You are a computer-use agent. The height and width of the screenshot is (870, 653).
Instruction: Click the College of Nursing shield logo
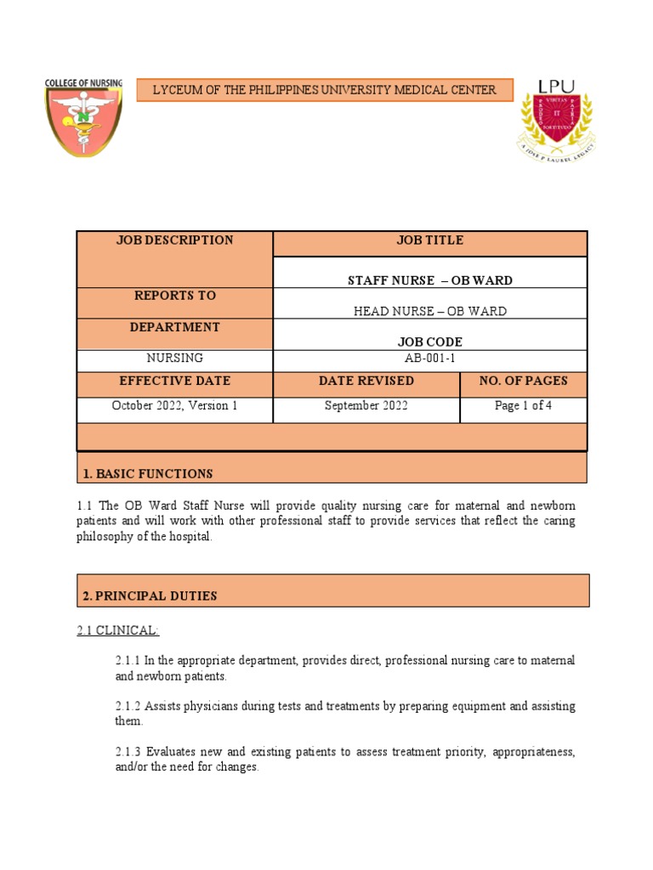coord(83,117)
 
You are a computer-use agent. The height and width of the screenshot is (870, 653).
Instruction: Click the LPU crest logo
coord(557,119)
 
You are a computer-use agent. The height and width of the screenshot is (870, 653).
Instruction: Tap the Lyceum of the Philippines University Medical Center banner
coord(324,90)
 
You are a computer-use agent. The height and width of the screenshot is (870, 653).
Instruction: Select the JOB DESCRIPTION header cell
coord(174,240)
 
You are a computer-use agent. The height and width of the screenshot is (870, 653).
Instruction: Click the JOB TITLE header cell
coord(429,240)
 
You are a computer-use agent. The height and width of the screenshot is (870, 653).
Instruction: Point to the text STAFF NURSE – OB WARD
coord(429,280)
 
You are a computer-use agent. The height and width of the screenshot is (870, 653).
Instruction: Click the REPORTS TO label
coord(174,296)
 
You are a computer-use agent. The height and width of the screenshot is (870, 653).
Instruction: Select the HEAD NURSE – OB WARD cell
coord(429,311)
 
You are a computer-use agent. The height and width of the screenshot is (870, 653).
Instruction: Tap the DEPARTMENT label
coord(174,327)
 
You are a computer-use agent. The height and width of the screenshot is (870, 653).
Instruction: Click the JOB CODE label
coord(429,342)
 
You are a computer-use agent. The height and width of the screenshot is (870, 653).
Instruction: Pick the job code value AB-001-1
coord(429,359)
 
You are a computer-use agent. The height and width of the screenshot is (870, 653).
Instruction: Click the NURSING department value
coord(174,359)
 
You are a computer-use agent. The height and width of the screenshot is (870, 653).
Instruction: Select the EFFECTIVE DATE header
coord(174,381)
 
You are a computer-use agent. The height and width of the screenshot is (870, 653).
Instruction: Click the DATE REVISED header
coord(366,381)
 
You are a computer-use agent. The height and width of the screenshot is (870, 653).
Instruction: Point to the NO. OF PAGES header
coord(523,381)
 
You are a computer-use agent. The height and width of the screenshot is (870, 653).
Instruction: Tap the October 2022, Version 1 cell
coord(174,405)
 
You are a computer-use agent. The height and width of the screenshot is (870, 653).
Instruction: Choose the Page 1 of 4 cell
coord(523,405)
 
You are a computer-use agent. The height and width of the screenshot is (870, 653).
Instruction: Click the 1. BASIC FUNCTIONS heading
coord(148,473)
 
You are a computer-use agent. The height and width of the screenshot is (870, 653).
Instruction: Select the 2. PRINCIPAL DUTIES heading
coord(150,596)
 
